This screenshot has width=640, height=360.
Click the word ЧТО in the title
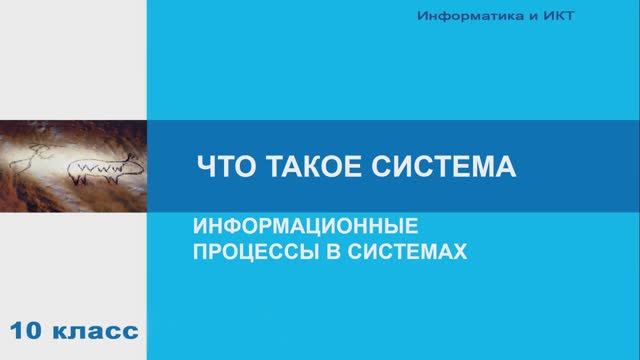click(x=215, y=166)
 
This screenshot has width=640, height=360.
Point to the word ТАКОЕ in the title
click(x=298, y=166)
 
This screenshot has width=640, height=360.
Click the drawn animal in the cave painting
click(x=96, y=169)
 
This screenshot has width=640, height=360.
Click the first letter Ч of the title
click(x=201, y=166)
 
